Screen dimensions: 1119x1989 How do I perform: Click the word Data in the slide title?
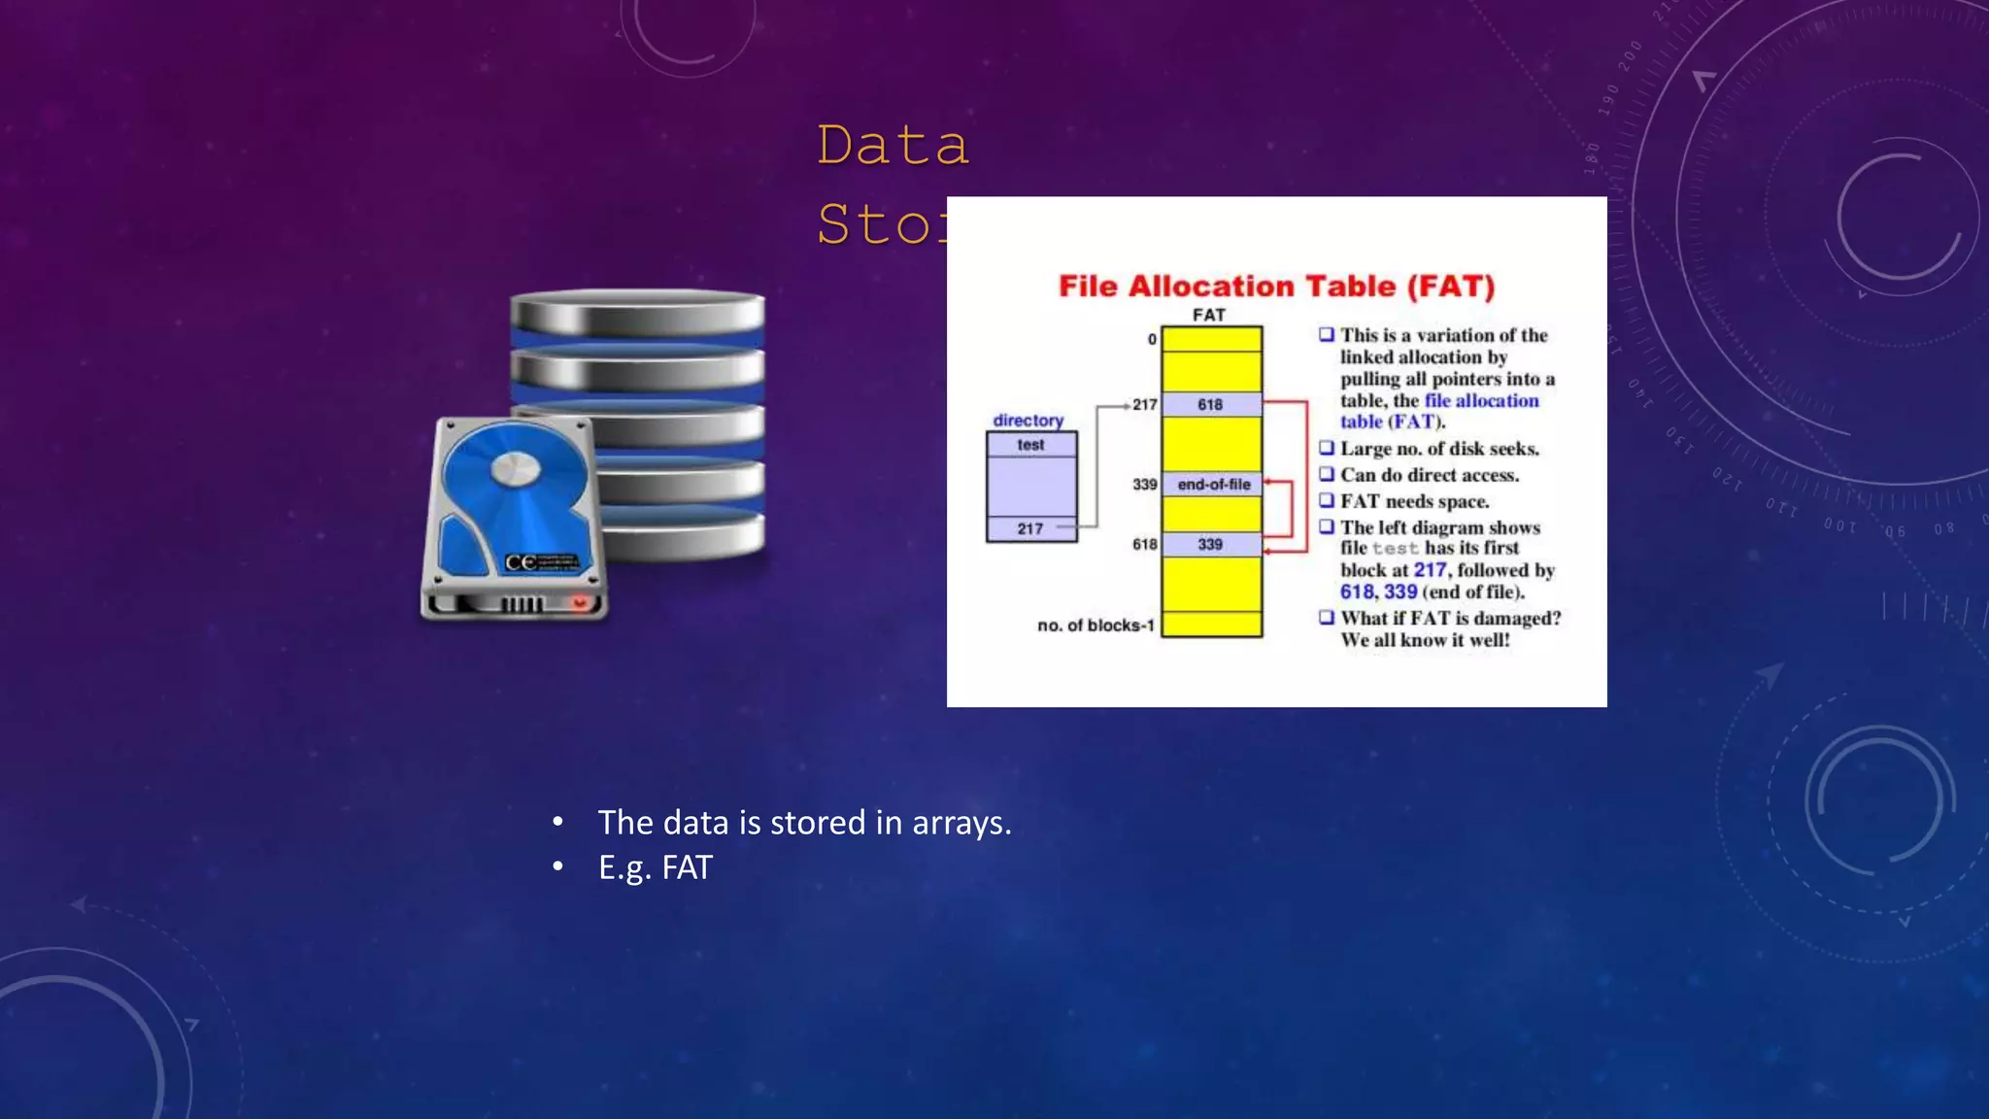[x=893, y=146]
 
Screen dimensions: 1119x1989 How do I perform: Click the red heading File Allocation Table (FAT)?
[x=1276, y=287]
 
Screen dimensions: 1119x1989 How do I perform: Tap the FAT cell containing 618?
[x=1210, y=404]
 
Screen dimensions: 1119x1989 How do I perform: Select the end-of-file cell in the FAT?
[x=1213, y=484]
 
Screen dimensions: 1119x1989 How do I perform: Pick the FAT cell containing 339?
[x=1210, y=544]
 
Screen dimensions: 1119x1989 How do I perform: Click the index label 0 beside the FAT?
[x=1152, y=340]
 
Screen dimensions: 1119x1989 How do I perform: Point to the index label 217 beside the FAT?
[x=1144, y=404]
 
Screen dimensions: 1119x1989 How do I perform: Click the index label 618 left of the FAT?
[x=1144, y=544]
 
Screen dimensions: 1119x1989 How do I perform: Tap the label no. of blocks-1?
[x=1096, y=626]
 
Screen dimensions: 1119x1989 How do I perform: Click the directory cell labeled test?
[x=1030, y=445]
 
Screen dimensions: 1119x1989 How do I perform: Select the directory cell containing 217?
[x=1030, y=528]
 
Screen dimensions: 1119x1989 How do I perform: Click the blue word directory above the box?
[x=1028, y=420]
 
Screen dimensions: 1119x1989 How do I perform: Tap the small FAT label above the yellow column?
[x=1209, y=315]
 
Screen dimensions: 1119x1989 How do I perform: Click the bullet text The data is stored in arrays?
[x=804, y=823]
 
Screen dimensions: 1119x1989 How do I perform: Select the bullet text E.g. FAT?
[x=655, y=867]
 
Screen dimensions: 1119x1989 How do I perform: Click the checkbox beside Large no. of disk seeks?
[x=1327, y=448]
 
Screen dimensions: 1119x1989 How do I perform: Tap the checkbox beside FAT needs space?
[x=1327, y=500]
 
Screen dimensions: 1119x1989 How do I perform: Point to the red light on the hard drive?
[x=580, y=603]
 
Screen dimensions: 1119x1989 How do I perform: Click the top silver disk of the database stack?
[x=637, y=313]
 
